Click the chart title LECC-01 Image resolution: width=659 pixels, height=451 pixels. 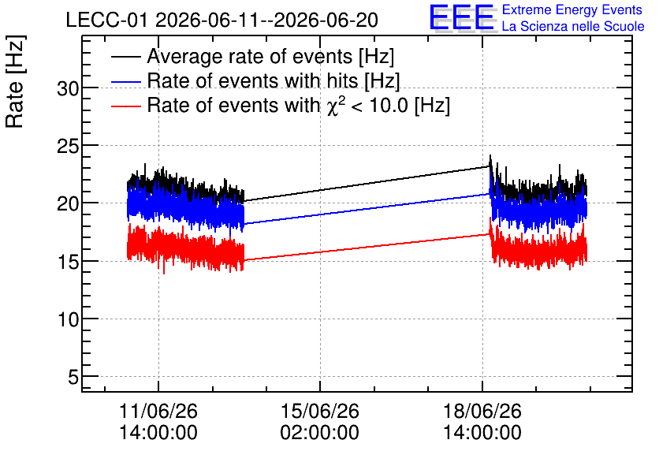click(x=106, y=20)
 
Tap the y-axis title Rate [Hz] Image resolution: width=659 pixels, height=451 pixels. click(x=15, y=81)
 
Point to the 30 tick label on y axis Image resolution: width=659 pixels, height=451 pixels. click(x=68, y=88)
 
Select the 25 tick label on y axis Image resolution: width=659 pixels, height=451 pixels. click(x=68, y=146)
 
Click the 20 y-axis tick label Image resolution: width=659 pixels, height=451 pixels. click(x=68, y=204)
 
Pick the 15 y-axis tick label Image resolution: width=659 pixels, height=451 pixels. click(x=68, y=262)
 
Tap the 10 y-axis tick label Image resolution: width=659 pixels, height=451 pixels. click(x=68, y=319)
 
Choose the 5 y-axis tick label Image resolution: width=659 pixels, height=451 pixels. click(x=73, y=377)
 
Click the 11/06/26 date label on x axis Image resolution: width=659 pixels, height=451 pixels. click(x=158, y=411)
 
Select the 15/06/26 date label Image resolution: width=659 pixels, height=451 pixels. click(x=320, y=411)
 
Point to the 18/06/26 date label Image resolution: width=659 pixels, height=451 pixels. click(x=482, y=411)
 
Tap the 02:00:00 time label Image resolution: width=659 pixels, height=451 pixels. click(x=320, y=432)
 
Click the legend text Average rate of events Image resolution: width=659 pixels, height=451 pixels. click(x=250, y=56)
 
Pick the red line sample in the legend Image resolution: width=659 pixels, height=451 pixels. click(x=125, y=106)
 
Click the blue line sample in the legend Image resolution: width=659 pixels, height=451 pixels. click(x=125, y=81)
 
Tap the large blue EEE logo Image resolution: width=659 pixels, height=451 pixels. click(x=462, y=18)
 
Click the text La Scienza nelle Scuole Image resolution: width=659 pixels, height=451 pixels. click(x=573, y=26)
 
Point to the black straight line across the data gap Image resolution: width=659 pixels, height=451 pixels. click(x=367, y=184)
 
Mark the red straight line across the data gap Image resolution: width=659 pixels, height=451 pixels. click(x=367, y=247)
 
